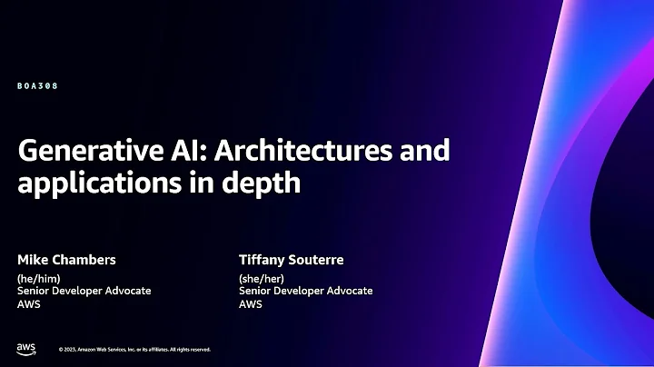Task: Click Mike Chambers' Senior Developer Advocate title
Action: point(84,291)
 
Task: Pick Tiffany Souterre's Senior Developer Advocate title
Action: point(305,291)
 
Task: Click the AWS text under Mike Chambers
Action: point(28,303)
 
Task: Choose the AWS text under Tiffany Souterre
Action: point(250,303)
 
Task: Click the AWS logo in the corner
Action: point(25,348)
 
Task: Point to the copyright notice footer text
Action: point(134,349)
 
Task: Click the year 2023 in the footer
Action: point(70,349)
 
